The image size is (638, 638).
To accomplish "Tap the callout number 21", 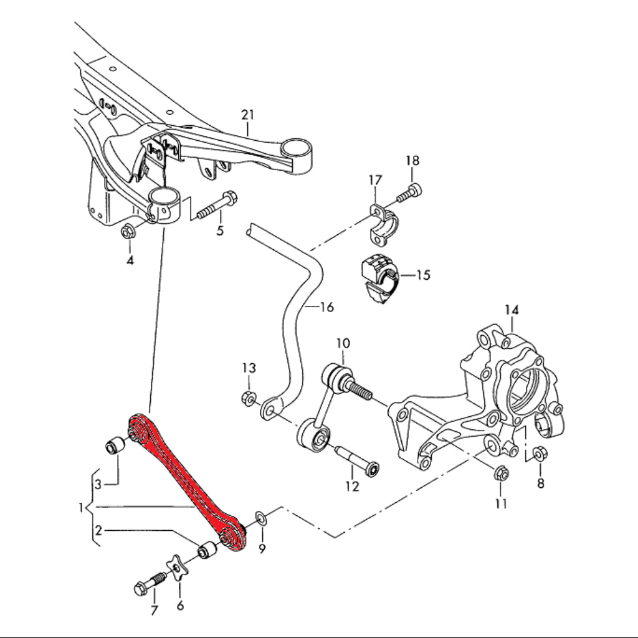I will tap(248, 115).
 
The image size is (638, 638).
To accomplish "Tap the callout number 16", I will tap(326, 307).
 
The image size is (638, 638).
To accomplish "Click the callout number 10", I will tap(343, 343).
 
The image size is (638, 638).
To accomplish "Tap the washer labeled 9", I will tap(260, 518).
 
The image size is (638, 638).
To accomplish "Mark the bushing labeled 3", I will tap(115, 446).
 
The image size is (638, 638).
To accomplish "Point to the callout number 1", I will tap(82, 508).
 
